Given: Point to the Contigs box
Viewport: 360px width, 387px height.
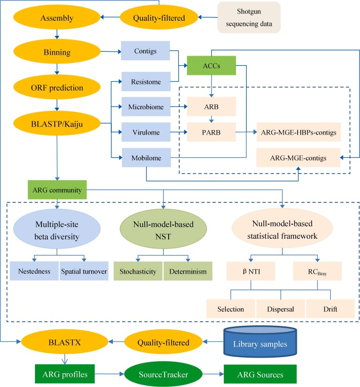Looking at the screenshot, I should point(147,52).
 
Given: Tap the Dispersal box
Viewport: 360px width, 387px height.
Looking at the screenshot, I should point(279,309).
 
